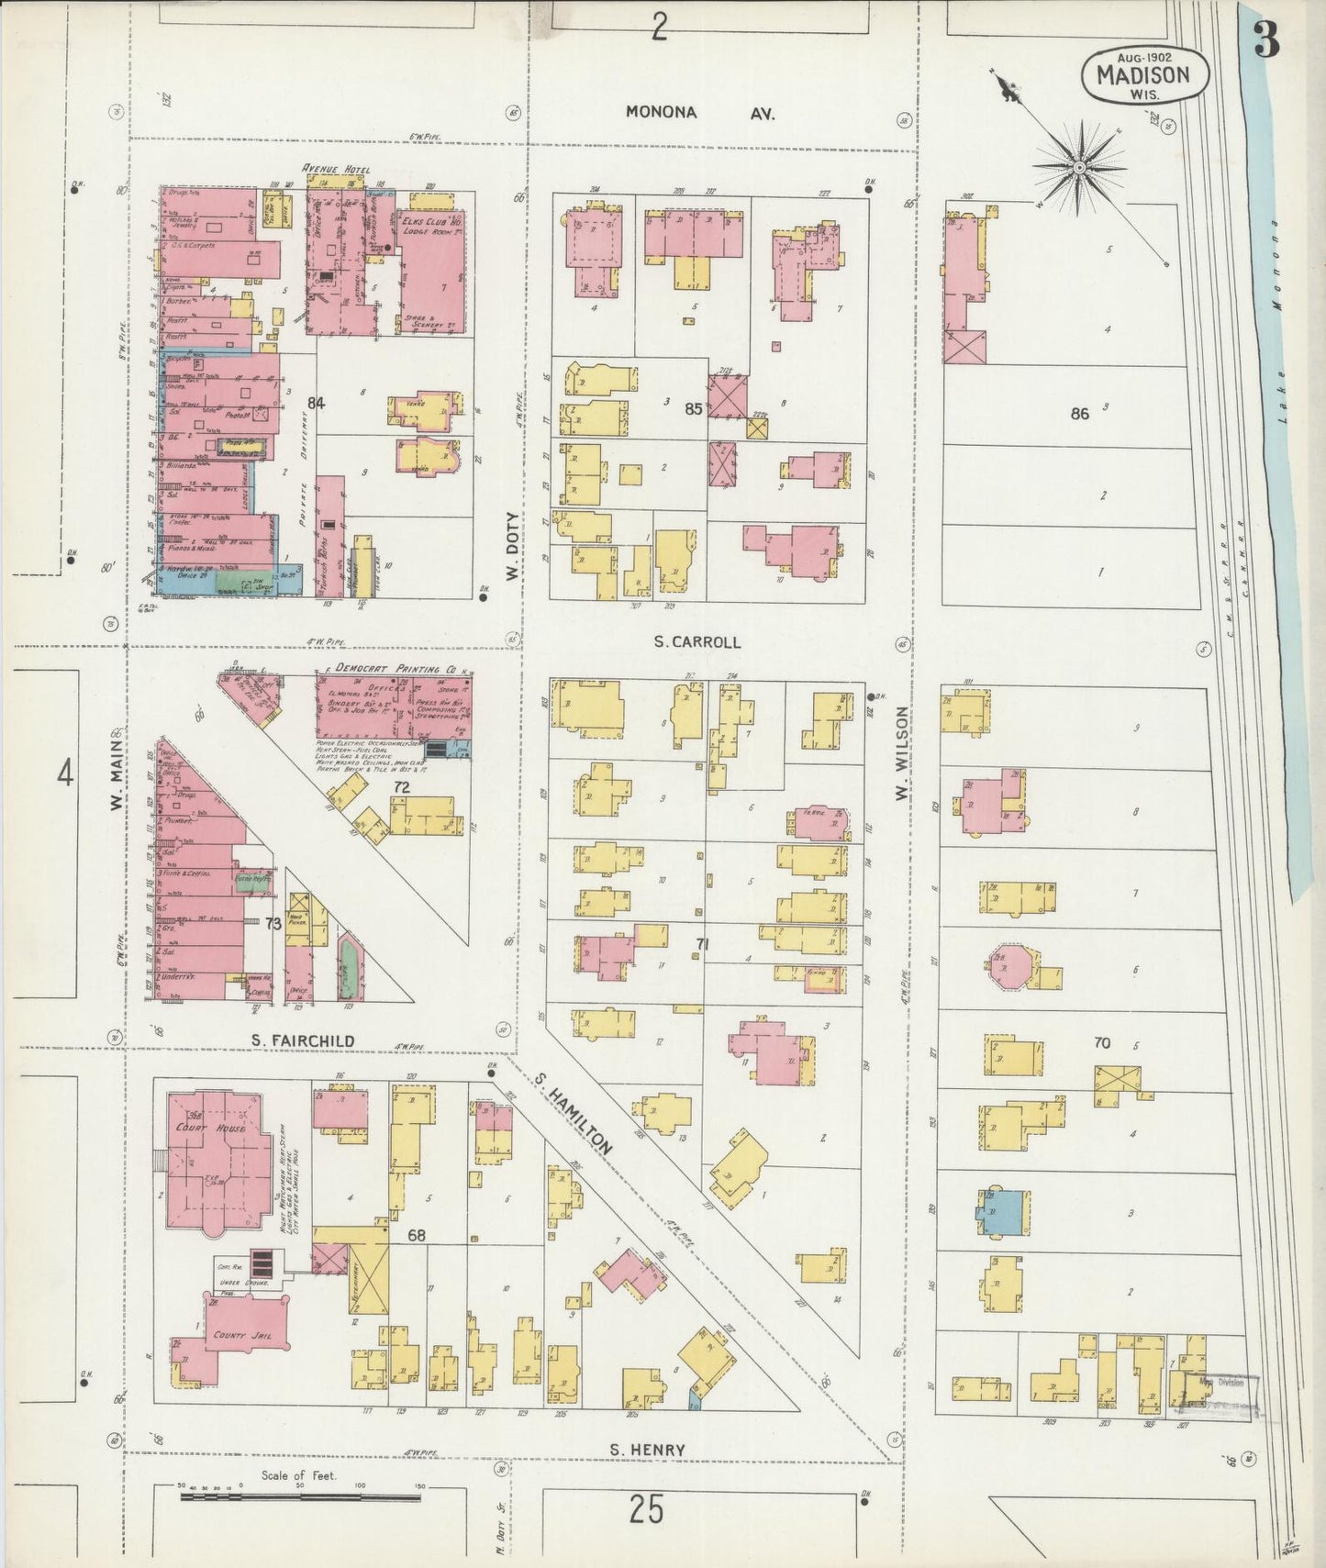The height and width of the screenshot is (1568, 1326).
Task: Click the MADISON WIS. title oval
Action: [x=1144, y=74]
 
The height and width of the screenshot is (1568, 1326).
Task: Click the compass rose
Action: [x=1081, y=168]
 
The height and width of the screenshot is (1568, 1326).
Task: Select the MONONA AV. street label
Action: [x=699, y=113]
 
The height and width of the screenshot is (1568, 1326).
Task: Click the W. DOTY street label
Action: [x=511, y=547]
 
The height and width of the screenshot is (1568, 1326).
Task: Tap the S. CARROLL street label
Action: [x=697, y=642]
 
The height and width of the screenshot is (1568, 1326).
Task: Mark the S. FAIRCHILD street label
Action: [x=303, y=1040]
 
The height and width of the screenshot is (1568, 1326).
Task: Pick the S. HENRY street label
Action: [x=648, y=1450]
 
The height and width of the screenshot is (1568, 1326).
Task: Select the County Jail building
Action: [x=243, y=1336]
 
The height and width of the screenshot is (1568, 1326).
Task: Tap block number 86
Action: [x=1079, y=414]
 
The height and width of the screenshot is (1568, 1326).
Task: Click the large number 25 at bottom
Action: [x=646, y=1508]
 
